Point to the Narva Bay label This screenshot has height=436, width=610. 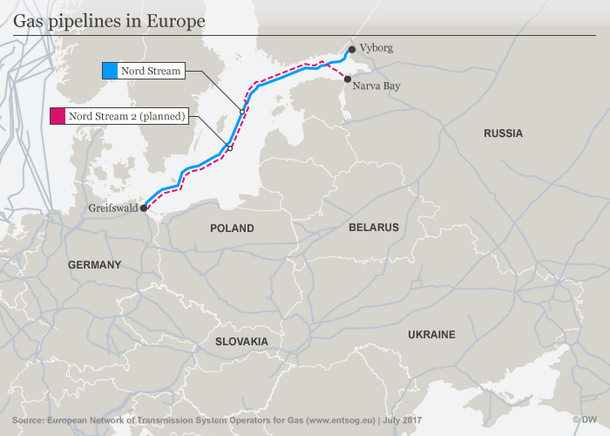[378, 86]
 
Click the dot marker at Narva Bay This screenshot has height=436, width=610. [348, 80]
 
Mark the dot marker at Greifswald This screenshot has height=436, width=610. [144, 208]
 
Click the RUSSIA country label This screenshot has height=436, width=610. [503, 133]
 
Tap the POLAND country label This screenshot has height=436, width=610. [232, 228]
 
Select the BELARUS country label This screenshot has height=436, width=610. [374, 228]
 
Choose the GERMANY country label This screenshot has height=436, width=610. [95, 265]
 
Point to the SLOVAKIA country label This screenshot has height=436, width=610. [241, 342]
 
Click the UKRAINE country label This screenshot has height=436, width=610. [431, 334]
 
